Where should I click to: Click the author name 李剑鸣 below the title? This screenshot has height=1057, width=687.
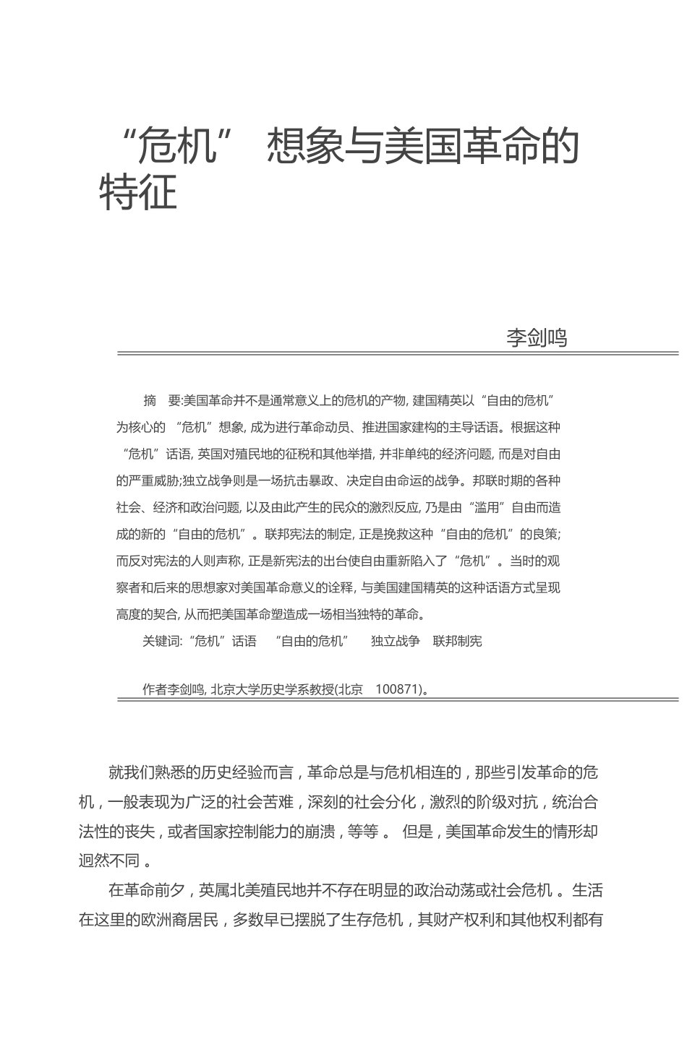(x=537, y=337)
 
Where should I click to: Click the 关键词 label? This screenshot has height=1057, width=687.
(x=162, y=641)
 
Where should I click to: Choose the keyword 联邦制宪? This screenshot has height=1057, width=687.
(x=457, y=641)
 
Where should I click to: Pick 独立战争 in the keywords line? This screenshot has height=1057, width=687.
(x=395, y=641)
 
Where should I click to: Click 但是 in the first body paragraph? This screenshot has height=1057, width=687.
(x=417, y=831)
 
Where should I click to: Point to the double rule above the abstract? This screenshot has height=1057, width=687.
(x=398, y=354)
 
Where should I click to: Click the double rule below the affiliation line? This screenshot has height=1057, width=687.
(x=398, y=699)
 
